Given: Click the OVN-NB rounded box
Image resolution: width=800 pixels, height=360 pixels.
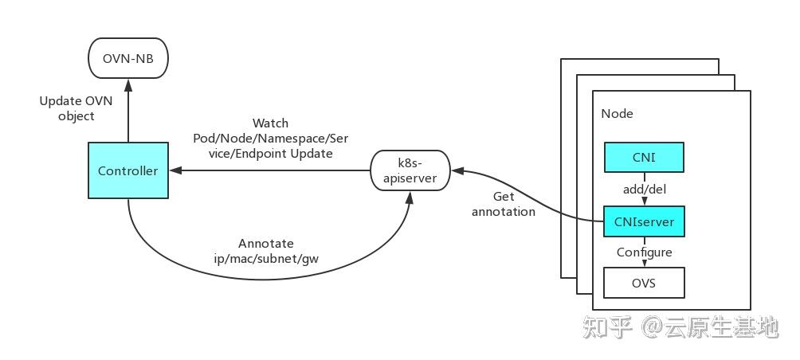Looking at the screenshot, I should tap(127, 58).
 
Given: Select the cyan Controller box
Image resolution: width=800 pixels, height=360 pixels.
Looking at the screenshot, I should tap(127, 170).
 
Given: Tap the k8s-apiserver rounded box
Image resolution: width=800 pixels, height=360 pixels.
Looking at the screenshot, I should tap(410, 170).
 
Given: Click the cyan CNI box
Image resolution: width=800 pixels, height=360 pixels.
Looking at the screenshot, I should tap(643, 157).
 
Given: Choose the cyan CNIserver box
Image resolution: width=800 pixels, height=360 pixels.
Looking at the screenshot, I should tap(643, 222).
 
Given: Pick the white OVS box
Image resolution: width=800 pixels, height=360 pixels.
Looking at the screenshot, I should tap(643, 283).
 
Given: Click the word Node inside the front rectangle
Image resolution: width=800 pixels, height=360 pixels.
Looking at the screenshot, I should tap(617, 114).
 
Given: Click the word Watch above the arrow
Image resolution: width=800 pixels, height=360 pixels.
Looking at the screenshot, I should tap(270, 123).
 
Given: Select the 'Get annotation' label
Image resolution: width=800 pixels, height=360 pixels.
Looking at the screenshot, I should tap(503, 204).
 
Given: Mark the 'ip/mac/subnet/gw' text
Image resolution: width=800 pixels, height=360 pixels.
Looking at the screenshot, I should tap(266, 258).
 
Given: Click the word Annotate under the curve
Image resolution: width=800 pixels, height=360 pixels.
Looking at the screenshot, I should tap(266, 244).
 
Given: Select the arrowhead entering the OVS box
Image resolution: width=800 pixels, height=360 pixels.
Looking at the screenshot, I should tap(643, 264).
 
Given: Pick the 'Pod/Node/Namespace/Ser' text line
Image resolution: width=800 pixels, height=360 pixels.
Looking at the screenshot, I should tap(270, 138).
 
